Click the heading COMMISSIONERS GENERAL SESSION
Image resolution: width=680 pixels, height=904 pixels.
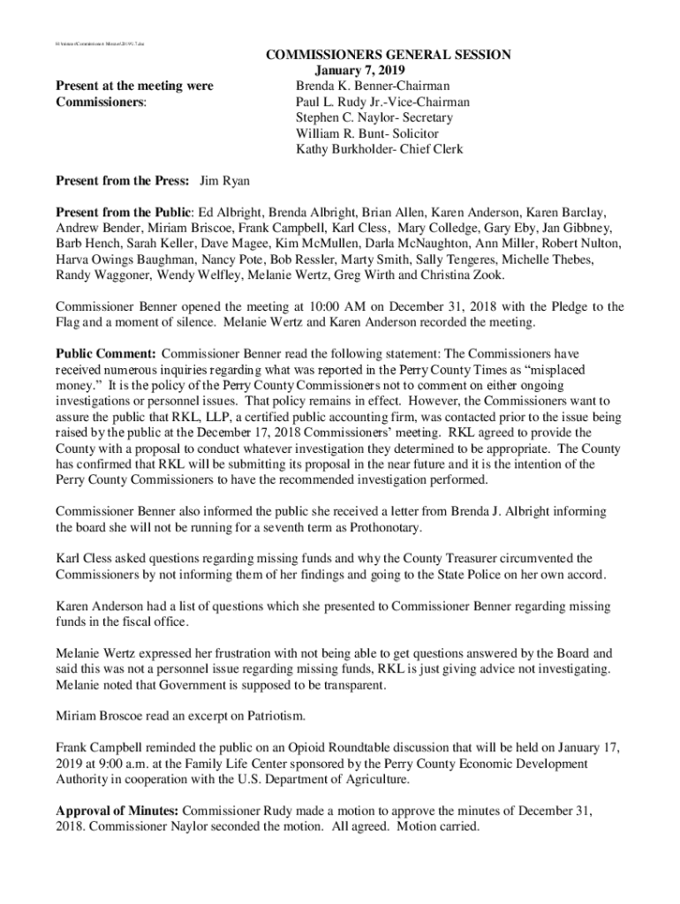tap(388, 56)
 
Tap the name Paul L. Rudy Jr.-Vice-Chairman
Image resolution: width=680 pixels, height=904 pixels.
tap(382, 102)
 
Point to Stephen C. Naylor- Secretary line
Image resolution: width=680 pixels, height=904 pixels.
tap(374, 118)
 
